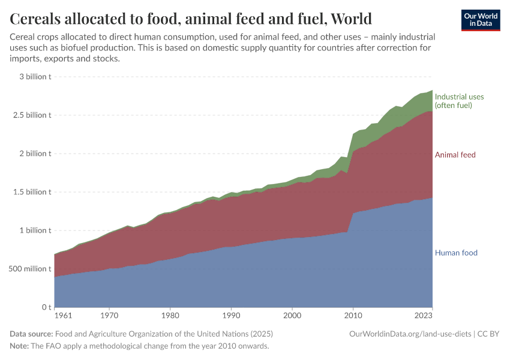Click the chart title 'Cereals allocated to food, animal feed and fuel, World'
click(x=191, y=19)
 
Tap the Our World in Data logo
click(x=480, y=20)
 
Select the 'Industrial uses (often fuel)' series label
click(x=459, y=101)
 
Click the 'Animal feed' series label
click(x=455, y=155)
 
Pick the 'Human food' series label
click(x=456, y=253)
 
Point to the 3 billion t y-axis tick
click(x=35, y=77)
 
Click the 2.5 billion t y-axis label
click(x=31, y=115)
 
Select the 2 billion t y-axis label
click(x=35, y=154)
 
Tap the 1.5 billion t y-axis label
click(x=31, y=192)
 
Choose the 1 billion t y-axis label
click(x=35, y=230)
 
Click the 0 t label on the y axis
click(x=46, y=307)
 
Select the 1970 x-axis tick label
click(x=109, y=315)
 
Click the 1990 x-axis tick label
click(x=231, y=315)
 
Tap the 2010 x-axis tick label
click(x=353, y=315)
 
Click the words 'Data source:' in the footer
click(x=31, y=334)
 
